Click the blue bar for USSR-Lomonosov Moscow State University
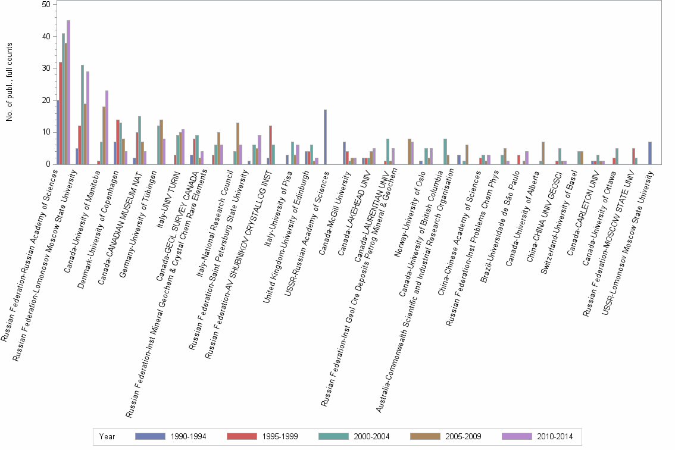[649, 153]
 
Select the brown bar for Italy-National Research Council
[237, 143]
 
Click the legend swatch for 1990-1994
[151, 436]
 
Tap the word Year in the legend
[108, 436]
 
